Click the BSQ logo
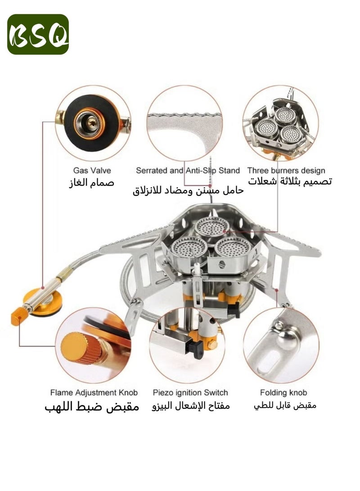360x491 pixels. point(38,34)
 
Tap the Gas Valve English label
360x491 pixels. point(92,171)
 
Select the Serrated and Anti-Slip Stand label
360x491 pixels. point(188,171)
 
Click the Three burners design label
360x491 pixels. point(286,171)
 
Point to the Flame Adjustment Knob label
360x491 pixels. point(94,392)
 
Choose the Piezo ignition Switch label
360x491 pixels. point(190,392)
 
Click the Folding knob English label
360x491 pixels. point(283,392)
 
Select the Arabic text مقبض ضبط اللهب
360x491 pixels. point(92,406)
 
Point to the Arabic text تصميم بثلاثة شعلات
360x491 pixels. point(290,182)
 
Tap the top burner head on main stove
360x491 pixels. point(211,226)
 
